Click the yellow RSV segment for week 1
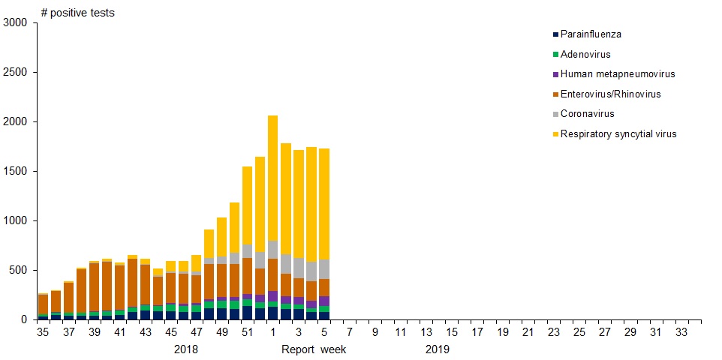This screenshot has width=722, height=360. click(x=272, y=178)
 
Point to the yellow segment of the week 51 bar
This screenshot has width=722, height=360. click(x=247, y=205)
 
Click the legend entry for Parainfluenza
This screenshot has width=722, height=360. click(x=591, y=34)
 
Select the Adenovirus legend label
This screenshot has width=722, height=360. click(x=585, y=55)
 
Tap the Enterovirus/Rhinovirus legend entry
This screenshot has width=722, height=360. click(x=610, y=94)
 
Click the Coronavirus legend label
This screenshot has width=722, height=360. click(x=588, y=114)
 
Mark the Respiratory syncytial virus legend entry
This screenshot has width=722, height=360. click(x=618, y=134)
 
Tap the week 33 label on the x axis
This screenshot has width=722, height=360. click(x=681, y=332)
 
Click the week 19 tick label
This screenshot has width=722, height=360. click(x=503, y=332)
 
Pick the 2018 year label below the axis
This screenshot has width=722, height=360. click(x=185, y=349)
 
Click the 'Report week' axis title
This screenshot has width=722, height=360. click(x=314, y=349)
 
